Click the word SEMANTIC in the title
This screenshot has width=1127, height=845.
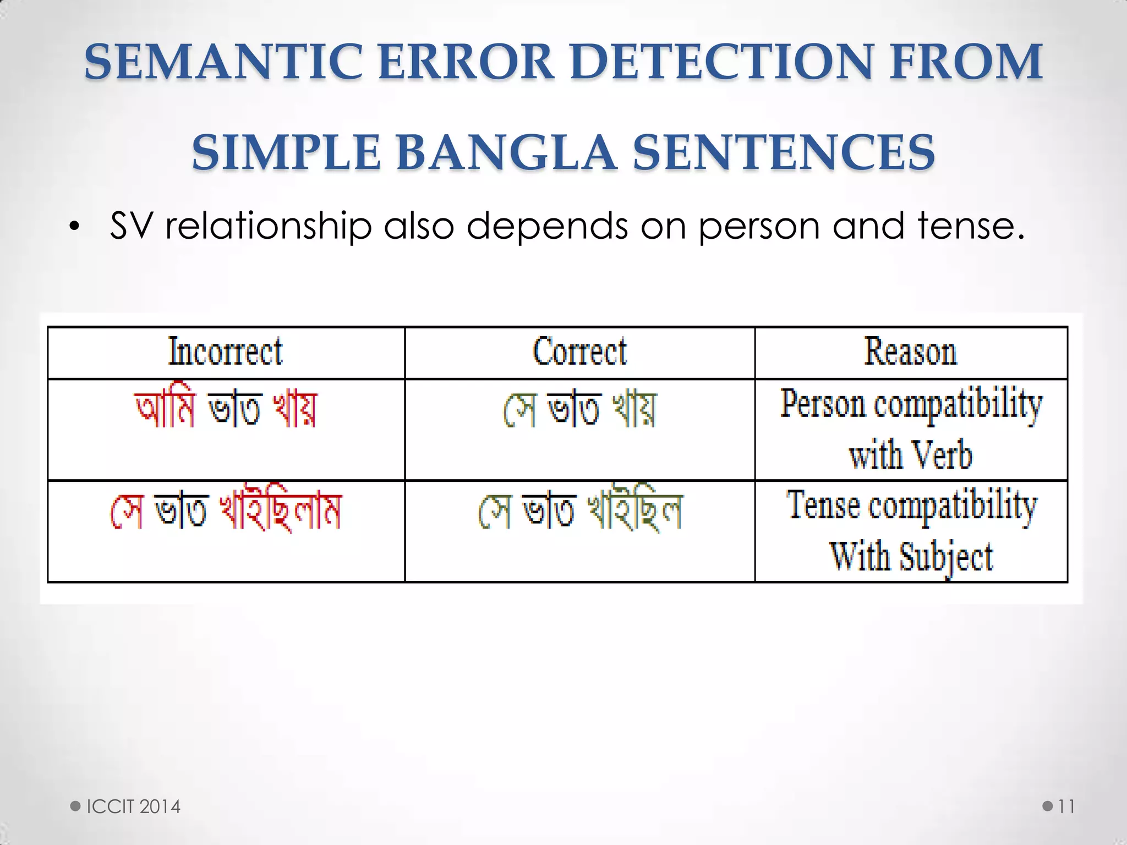tap(223, 62)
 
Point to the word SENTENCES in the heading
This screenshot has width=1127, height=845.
tap(784, 152)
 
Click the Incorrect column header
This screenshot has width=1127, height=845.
tap(226, 352)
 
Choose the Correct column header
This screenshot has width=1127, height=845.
tap(579, 352)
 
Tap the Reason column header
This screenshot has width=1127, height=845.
tap(911, 352)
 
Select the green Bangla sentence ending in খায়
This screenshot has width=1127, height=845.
tap(579, 410)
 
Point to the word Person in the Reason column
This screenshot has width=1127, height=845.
tap(823, 404)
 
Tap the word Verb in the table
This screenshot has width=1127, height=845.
tap(942, 456)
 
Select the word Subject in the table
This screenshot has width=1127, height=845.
tap(946, 557)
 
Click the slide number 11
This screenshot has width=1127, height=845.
tap(1066, 806)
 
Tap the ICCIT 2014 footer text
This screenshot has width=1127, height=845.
tap(133, 806)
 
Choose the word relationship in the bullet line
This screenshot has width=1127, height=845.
tap(269, 227)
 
